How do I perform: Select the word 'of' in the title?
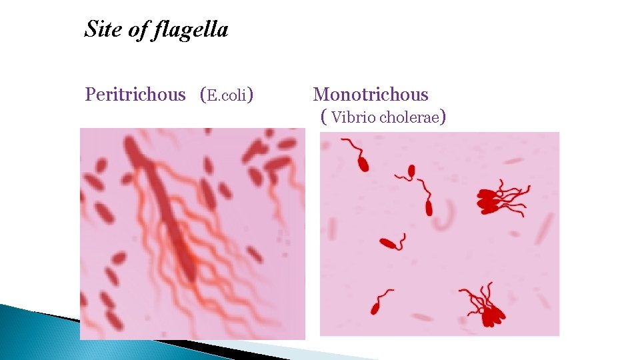139,30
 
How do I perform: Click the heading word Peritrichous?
135,95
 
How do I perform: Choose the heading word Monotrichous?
371,95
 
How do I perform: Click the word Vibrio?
353,118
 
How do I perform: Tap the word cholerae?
409,118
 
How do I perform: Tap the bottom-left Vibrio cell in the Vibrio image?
375,307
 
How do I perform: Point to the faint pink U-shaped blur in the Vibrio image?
445,217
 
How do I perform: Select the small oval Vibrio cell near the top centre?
411,171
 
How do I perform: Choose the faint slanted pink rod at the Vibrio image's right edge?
545,227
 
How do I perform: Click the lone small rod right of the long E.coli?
254,254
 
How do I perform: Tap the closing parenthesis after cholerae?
443,118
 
